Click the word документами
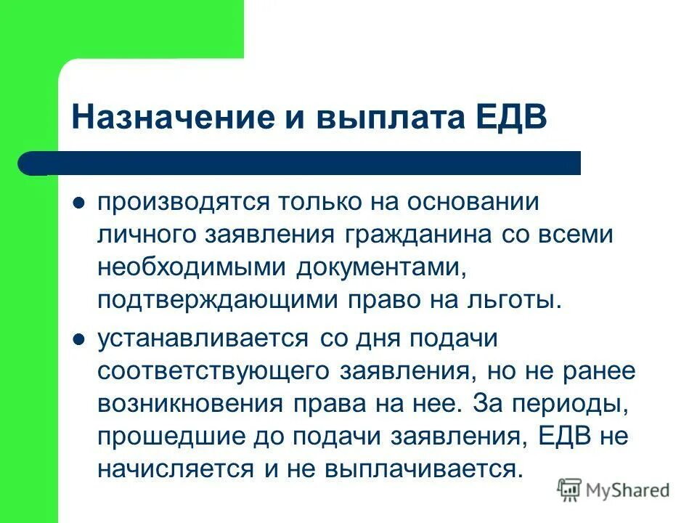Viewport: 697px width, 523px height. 379,267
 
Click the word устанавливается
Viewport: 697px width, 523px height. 200,338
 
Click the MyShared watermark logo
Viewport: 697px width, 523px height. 614,490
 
